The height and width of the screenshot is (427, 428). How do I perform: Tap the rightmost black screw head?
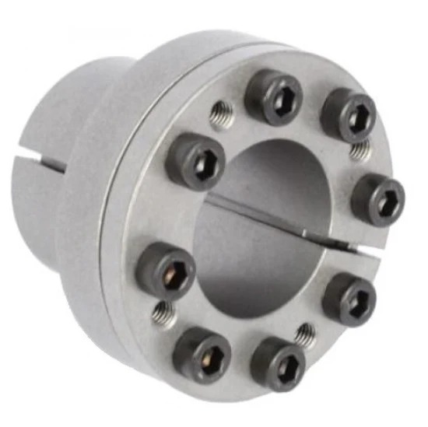(377, 199)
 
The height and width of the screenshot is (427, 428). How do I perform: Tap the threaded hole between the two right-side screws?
(360, 151)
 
